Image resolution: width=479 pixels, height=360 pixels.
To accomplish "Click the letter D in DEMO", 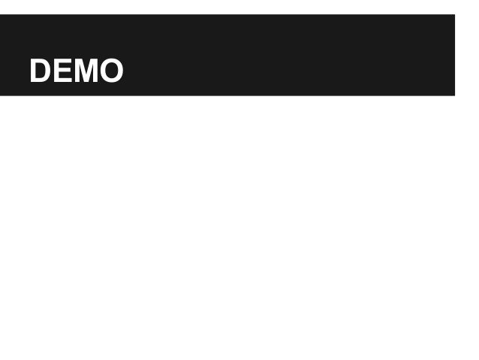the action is [x=40, y=71].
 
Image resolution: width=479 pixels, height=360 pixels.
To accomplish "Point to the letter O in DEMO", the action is [x=110, y=71].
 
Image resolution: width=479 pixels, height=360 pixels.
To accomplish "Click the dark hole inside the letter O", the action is [x=110, y=71].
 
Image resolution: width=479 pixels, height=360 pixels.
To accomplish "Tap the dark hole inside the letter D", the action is [x=41, y=71].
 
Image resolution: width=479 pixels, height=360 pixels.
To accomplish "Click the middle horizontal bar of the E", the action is [x=61, y=71].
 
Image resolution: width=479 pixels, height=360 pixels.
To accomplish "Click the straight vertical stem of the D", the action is [x=32, y=71].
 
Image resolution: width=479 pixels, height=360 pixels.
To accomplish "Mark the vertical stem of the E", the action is [x=55, y=71].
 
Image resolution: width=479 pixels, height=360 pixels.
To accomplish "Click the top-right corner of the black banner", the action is [x=453, y=16].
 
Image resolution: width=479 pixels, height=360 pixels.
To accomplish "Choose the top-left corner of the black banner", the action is [x=2, y=16].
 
